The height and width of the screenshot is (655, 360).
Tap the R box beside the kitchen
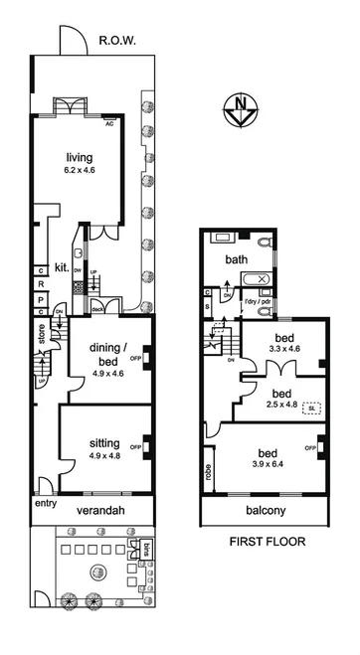coord(41,282)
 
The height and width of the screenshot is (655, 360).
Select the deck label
coord(98,308)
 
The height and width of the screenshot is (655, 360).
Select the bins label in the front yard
coord(144,550)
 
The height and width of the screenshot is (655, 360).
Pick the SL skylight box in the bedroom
coord(312,408)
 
